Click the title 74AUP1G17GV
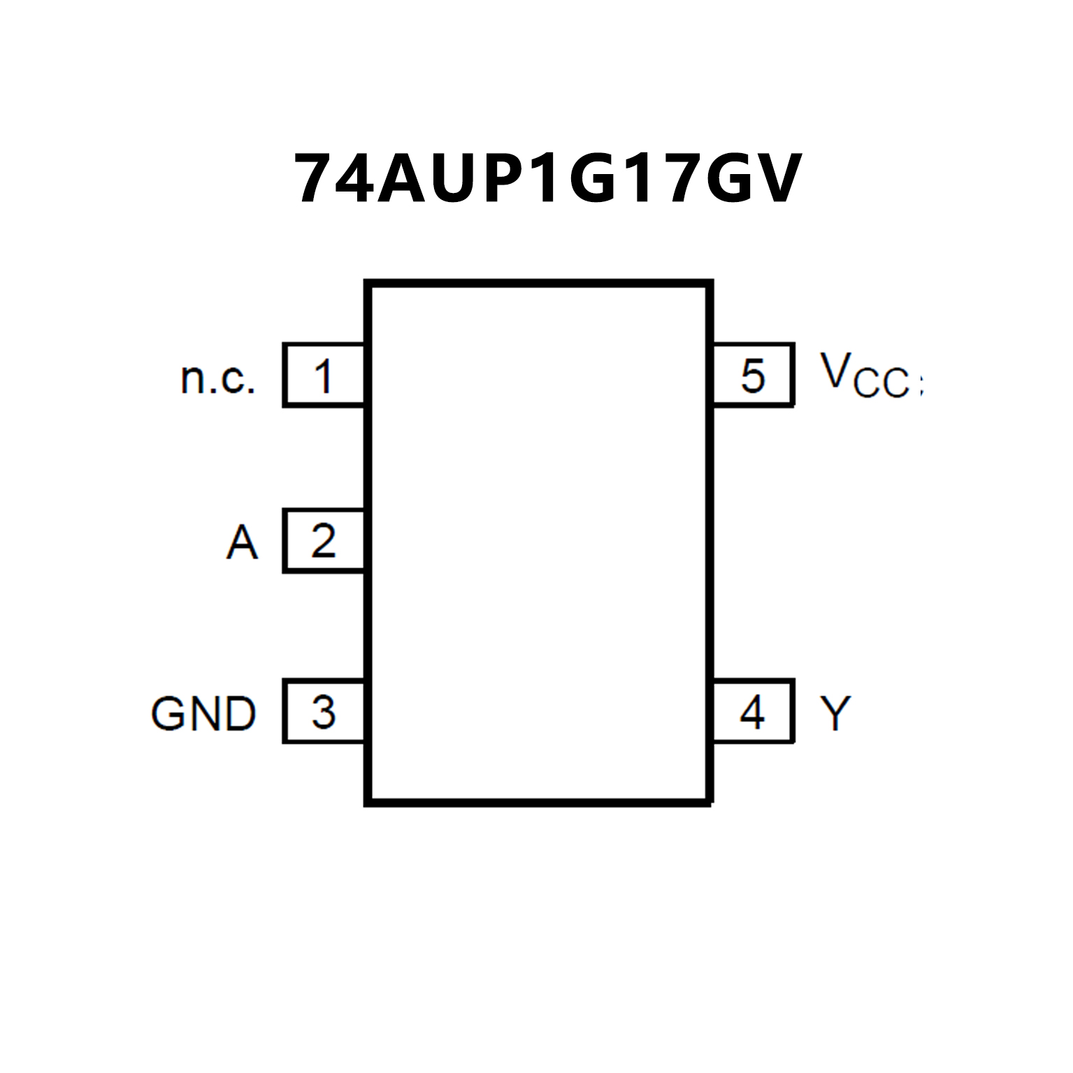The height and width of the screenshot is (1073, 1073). (x=547, y=179)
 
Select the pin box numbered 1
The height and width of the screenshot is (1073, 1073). (x=324, y=375)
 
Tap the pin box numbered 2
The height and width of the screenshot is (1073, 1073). (x=324, y=541)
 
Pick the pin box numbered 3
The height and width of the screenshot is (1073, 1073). (x=324, y=712)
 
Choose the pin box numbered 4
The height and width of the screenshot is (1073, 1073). (x=753, y=712)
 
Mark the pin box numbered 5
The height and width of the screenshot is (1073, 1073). (x=753, y=375)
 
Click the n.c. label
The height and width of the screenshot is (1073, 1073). (x=217, y=378)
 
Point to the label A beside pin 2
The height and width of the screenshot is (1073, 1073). (x=242, y=542)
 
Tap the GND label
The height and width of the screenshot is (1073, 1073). (x=203, y=714)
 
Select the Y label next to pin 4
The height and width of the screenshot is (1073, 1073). (x=835, y=714)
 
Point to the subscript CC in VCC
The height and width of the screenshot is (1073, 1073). (x=882, y=384)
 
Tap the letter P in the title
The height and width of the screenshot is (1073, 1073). (x=505, y=179)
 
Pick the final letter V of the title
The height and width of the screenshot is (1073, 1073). (x=776, y=179)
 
